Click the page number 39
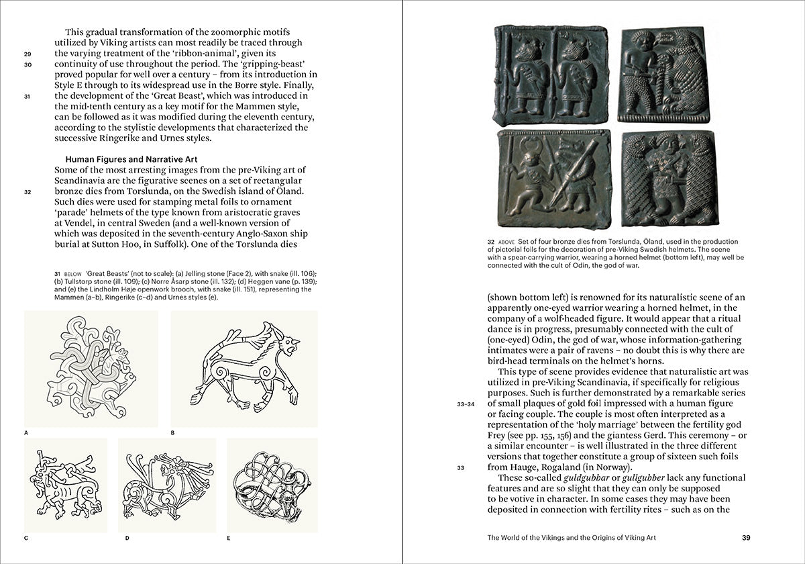pyautogui.click(x=747, y=536)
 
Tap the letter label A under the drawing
pyautogui.click(x=26, y=433)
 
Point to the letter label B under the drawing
pyautogui.click(x=172, y=433)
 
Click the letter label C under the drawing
pyautogui.click(x=26, y=538)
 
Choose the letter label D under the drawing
pyautogui.click(x=126, y=538)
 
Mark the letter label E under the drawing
pyautogui.click(x=228, y=538)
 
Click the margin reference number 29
pyautogui.click(x=28, y=54)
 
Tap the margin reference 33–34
pyautogui.click(x=466, y=404)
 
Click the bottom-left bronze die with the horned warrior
pyautogui.click(x=553, y=179)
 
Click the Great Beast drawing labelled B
pyautogui.click(x=244, y=369)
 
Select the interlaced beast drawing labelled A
pyautogui.click(x=91, y=369)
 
